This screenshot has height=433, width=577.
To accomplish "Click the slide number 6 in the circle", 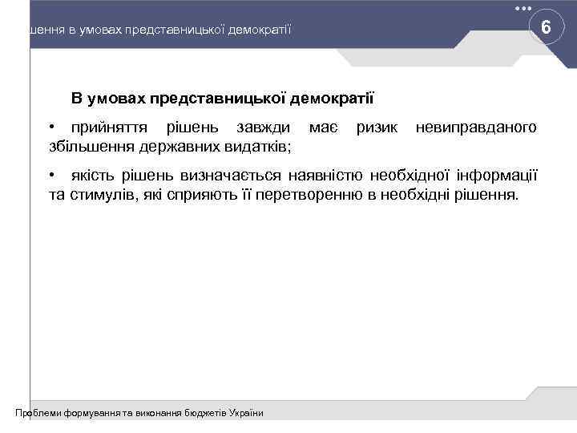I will (545, 28).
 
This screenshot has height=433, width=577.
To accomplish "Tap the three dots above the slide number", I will (523, 8).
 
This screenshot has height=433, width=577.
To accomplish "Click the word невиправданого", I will (476, 130).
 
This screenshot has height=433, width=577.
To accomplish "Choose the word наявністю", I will (324, 176).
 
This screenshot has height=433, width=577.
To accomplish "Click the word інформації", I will (497, 176).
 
